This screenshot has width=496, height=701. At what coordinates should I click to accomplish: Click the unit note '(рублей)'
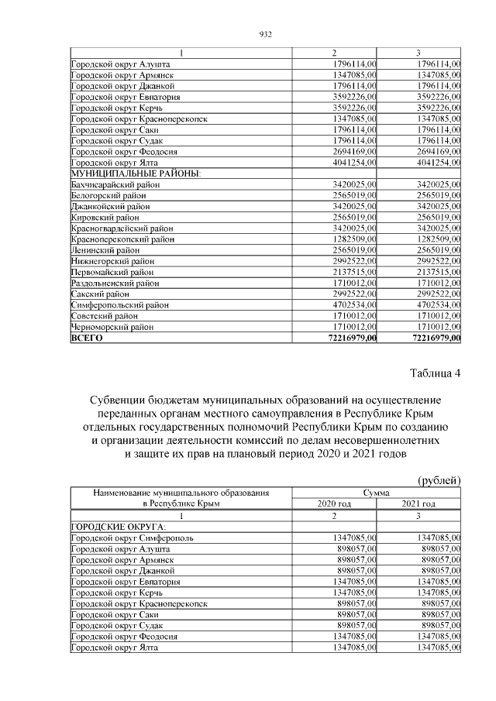(439, 480)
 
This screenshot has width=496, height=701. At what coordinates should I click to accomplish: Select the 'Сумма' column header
(377, 493)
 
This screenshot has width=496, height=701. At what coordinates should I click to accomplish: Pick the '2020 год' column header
(334, 503)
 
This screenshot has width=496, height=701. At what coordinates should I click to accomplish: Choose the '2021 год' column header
(419, 503)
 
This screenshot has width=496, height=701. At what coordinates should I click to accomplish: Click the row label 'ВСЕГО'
(87, 338)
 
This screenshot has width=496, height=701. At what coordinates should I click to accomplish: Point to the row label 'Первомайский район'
(111, 273)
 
